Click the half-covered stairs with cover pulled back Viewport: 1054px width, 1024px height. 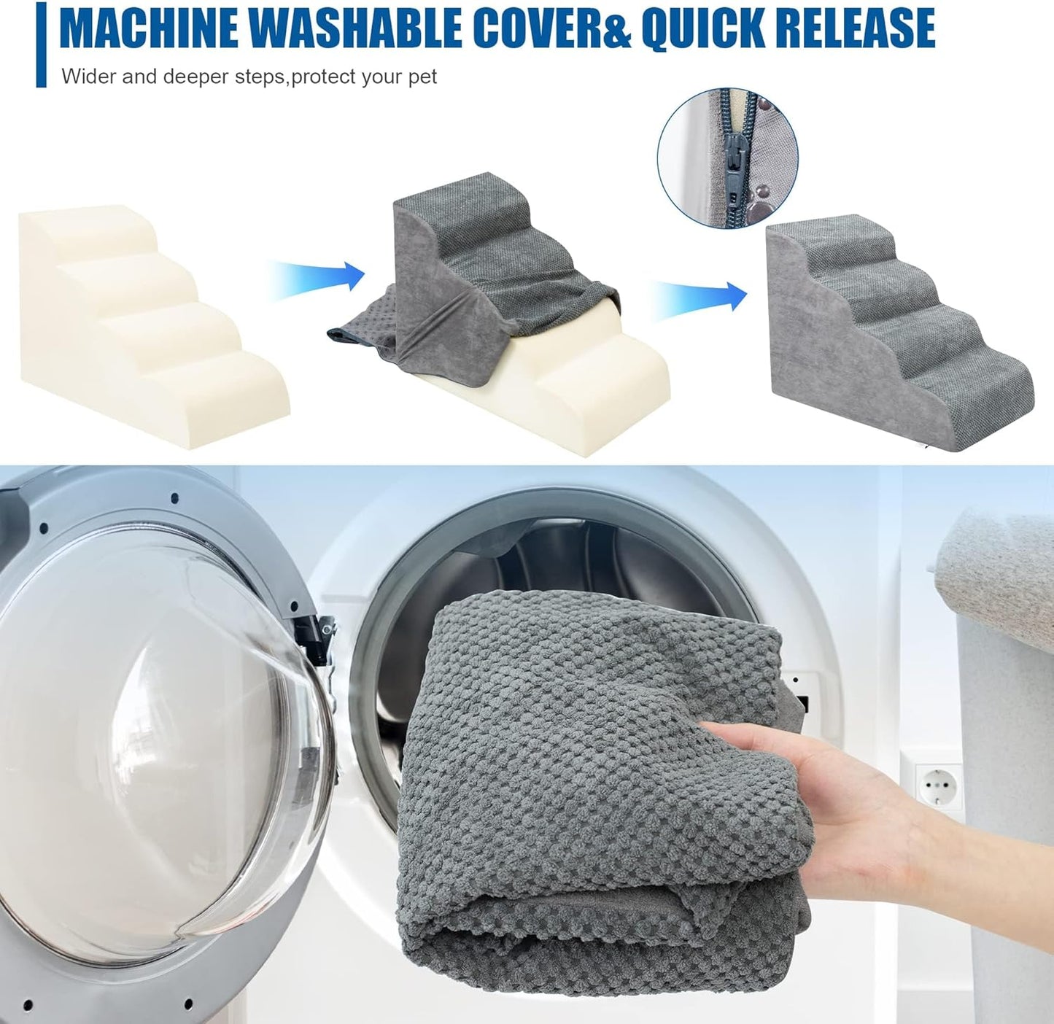click(498, 314)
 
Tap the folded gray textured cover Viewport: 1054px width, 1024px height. click(601, 802)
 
